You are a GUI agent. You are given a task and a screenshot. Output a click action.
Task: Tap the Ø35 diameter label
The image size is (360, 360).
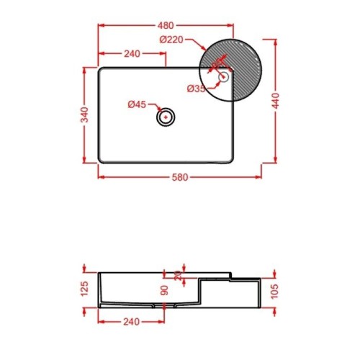(197, 89)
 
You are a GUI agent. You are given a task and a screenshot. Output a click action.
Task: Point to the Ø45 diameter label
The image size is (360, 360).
(137, 104)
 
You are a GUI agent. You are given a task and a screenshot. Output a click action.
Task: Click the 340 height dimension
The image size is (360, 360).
(85, 115)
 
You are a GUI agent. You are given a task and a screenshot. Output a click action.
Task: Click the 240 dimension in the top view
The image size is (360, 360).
(132, 53)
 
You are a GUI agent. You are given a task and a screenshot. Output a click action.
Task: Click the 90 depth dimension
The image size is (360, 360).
(165, 290)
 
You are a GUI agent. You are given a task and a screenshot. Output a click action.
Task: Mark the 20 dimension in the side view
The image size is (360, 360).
(179, 275)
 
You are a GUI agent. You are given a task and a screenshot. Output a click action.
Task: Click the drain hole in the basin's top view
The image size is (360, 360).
(167, 117)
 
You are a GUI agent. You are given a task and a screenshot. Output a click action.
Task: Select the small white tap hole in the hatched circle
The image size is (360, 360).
(223, 76)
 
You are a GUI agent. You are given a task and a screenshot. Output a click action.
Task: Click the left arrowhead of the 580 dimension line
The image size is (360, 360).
(100, 176)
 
